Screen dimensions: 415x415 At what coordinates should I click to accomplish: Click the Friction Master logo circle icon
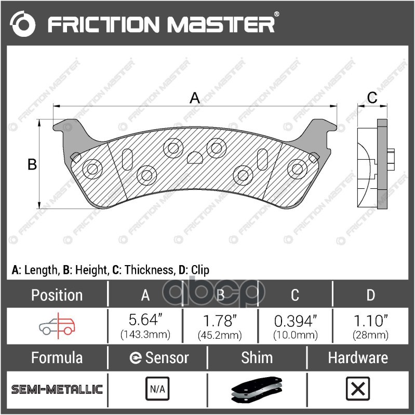(23, 24)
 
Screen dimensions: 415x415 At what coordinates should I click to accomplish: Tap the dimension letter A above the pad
(194, 97)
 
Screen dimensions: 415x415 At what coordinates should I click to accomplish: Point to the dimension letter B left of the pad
(32, 164)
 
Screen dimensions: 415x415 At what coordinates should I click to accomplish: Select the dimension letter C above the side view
(372, 97)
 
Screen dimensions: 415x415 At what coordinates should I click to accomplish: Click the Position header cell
(57, 295)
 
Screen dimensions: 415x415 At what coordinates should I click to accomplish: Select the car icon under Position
(57, 325)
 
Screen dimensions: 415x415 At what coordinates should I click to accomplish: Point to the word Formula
(57, 357)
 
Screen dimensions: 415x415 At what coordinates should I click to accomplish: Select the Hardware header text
(358, 357)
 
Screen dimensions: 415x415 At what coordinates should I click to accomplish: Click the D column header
(370, 295)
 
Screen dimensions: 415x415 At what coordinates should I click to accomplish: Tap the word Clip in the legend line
(199, 270)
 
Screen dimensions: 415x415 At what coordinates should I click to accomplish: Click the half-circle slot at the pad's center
(195, 157)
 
